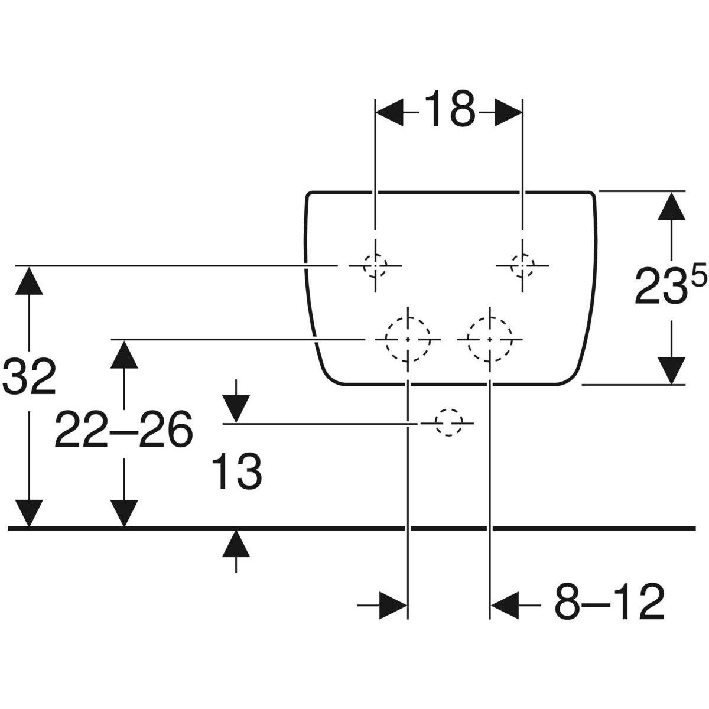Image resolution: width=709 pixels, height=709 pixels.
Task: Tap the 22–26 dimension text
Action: [123, 430]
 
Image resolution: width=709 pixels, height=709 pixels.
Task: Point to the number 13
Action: [238, 471]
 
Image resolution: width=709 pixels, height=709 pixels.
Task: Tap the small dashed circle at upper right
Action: [522, 265]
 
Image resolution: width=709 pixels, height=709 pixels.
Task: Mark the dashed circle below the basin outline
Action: [448, 423]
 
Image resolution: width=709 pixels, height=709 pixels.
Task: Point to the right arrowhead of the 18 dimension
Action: [507, 111]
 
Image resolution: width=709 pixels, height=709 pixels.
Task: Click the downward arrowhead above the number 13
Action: [236, 408]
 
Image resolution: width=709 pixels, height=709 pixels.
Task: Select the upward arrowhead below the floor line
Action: [236, 544]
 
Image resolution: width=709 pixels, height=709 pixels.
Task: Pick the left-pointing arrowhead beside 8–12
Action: [505, 604]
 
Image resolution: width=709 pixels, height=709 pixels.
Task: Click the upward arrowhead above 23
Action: [670, 206]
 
